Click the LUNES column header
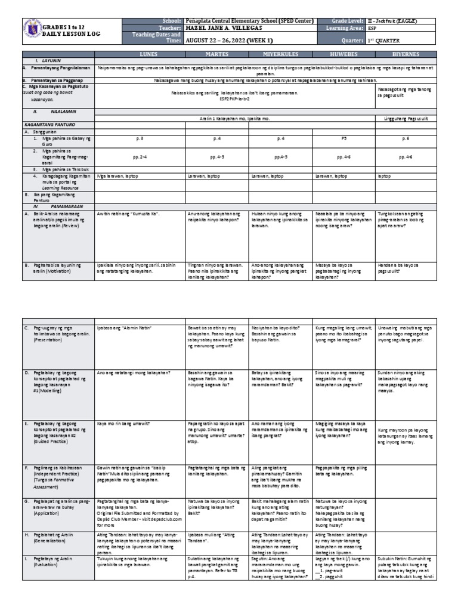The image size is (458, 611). click(x=140, y=54)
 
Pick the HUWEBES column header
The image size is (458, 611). click(x=343, y=54)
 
